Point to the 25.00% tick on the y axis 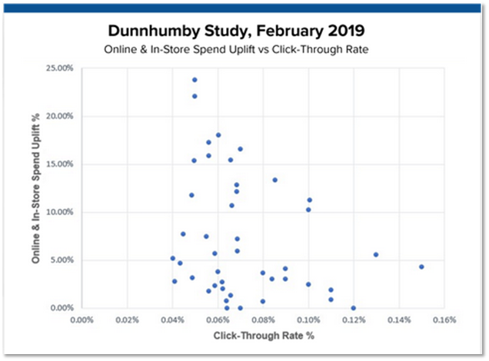59,68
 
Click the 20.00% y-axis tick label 59,116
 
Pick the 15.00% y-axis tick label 59,164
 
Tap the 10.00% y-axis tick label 59,212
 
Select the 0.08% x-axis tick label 263,320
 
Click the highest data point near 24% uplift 195,80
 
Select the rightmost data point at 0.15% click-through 421,267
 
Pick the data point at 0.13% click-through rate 376,254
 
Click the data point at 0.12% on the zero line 353,308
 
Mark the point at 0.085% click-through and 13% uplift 274,180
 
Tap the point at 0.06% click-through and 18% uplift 218,135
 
